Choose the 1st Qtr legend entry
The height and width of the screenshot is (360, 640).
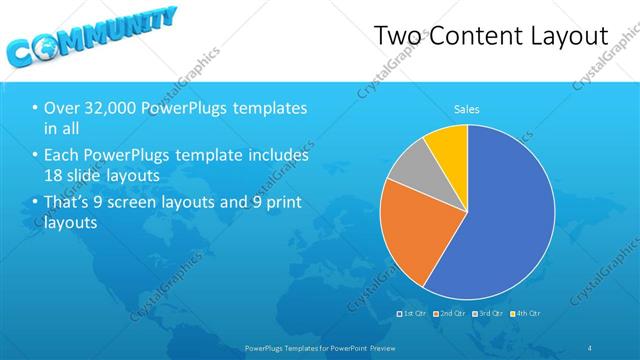[413, 313]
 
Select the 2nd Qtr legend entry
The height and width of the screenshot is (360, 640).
[450, 313]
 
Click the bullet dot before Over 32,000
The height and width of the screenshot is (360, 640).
[36, 108]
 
